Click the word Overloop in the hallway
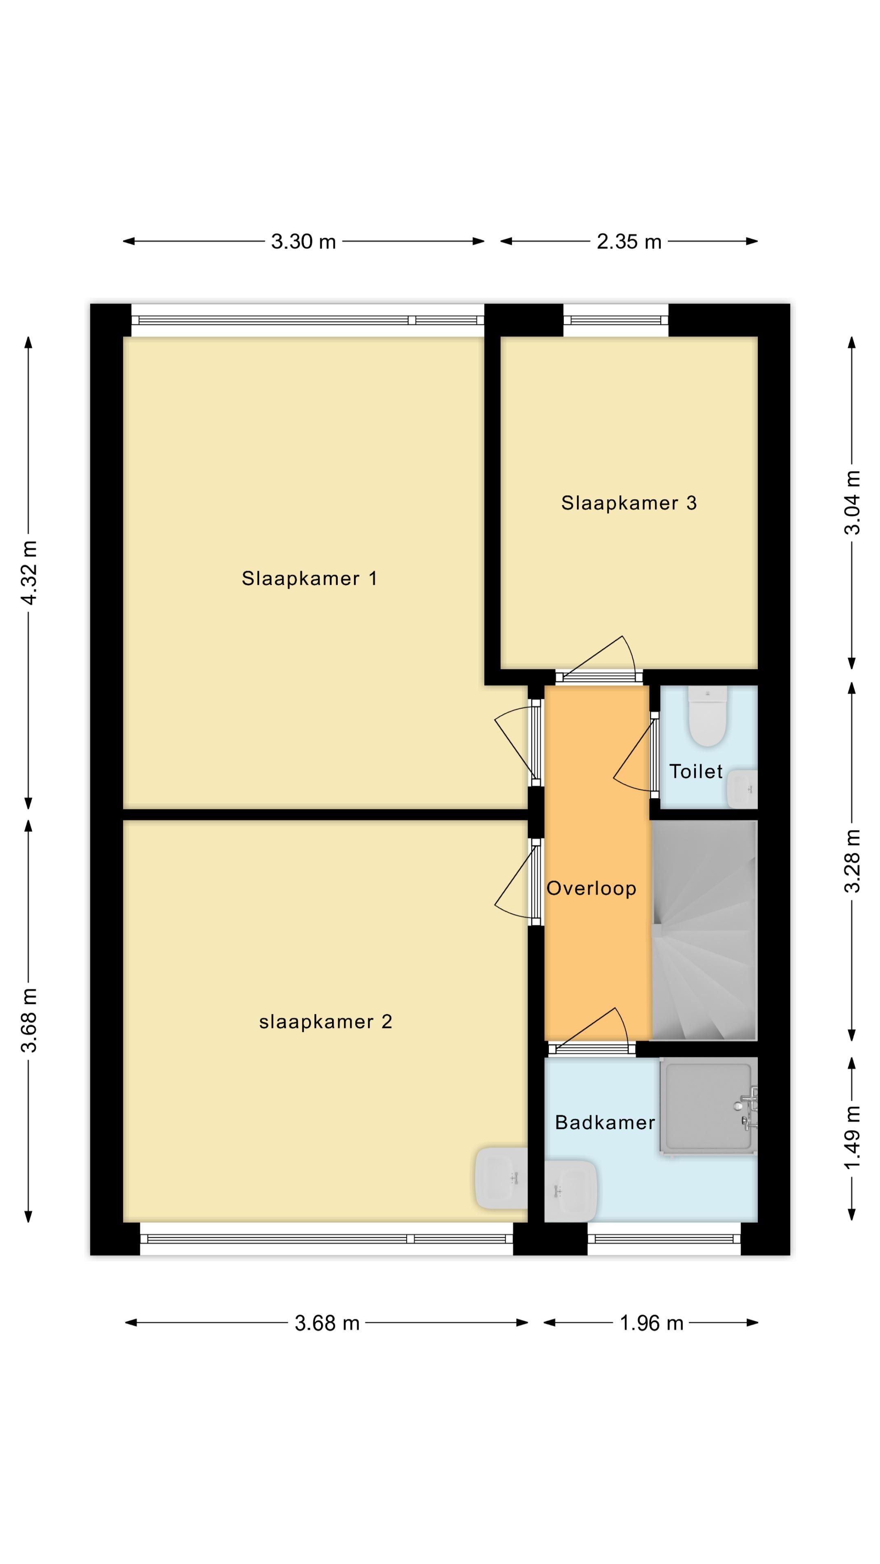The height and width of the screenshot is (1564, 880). (591, 888)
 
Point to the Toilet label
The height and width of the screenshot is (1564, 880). (696, 772)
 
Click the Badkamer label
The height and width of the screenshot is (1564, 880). (605, 1122)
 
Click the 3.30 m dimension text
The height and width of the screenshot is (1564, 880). (303, 242)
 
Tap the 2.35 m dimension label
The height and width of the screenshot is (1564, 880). (629, 242)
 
